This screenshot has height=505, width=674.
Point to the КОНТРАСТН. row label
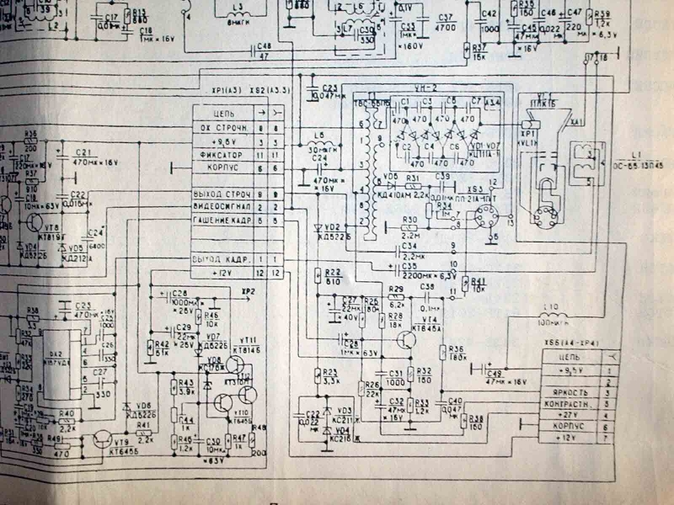click(565, 404)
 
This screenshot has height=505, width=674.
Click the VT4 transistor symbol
click(407, 339)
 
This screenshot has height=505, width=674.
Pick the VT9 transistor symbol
click(104, 440)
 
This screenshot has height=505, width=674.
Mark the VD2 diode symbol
click(318, 228)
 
